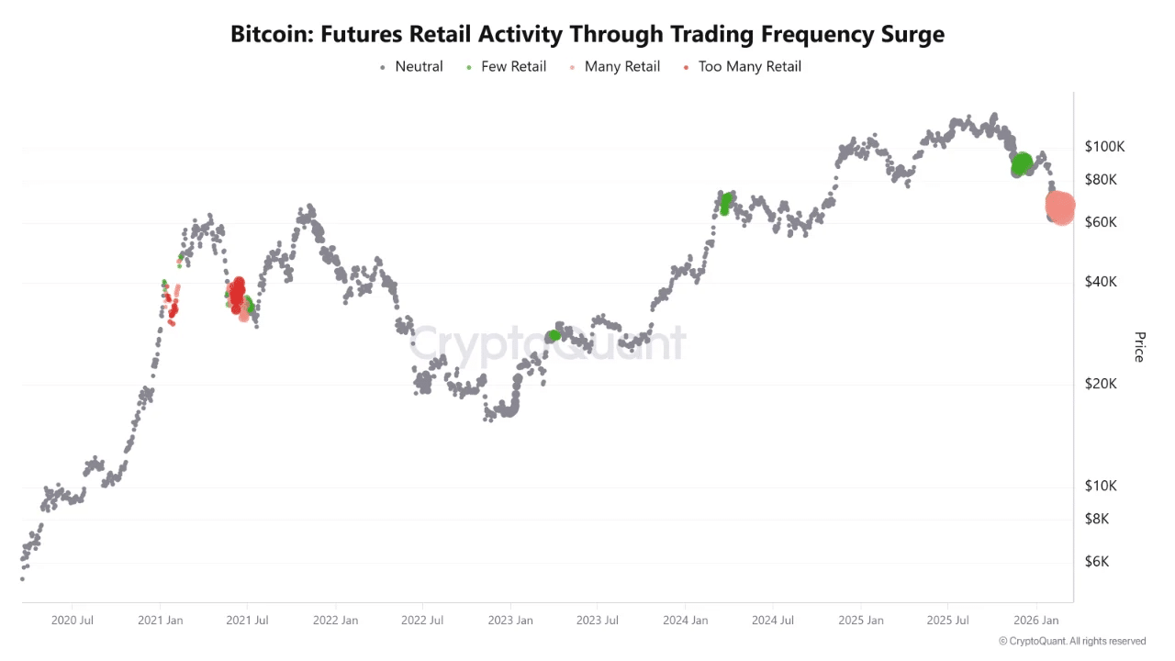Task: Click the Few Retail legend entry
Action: coord(513,66)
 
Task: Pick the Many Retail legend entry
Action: coord(621,66)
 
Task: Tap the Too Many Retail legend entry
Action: coord(749,66)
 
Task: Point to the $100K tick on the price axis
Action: coord(1104,147)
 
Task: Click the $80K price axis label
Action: coord(1101,180)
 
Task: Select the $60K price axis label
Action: coord(1101,222)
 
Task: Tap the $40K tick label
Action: coord(1101,282)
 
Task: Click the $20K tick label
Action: coord(1101,384)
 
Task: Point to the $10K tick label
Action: coord(1101,486)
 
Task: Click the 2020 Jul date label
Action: coord(73,621)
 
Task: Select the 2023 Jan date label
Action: coord(511,621)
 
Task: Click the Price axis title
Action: coord(1139,347)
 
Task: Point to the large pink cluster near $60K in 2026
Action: coord(1060,207)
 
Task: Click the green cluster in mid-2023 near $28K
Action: coord(554,336)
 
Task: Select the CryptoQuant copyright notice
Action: coord(1071,641)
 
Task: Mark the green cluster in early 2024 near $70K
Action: coord(726,202)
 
